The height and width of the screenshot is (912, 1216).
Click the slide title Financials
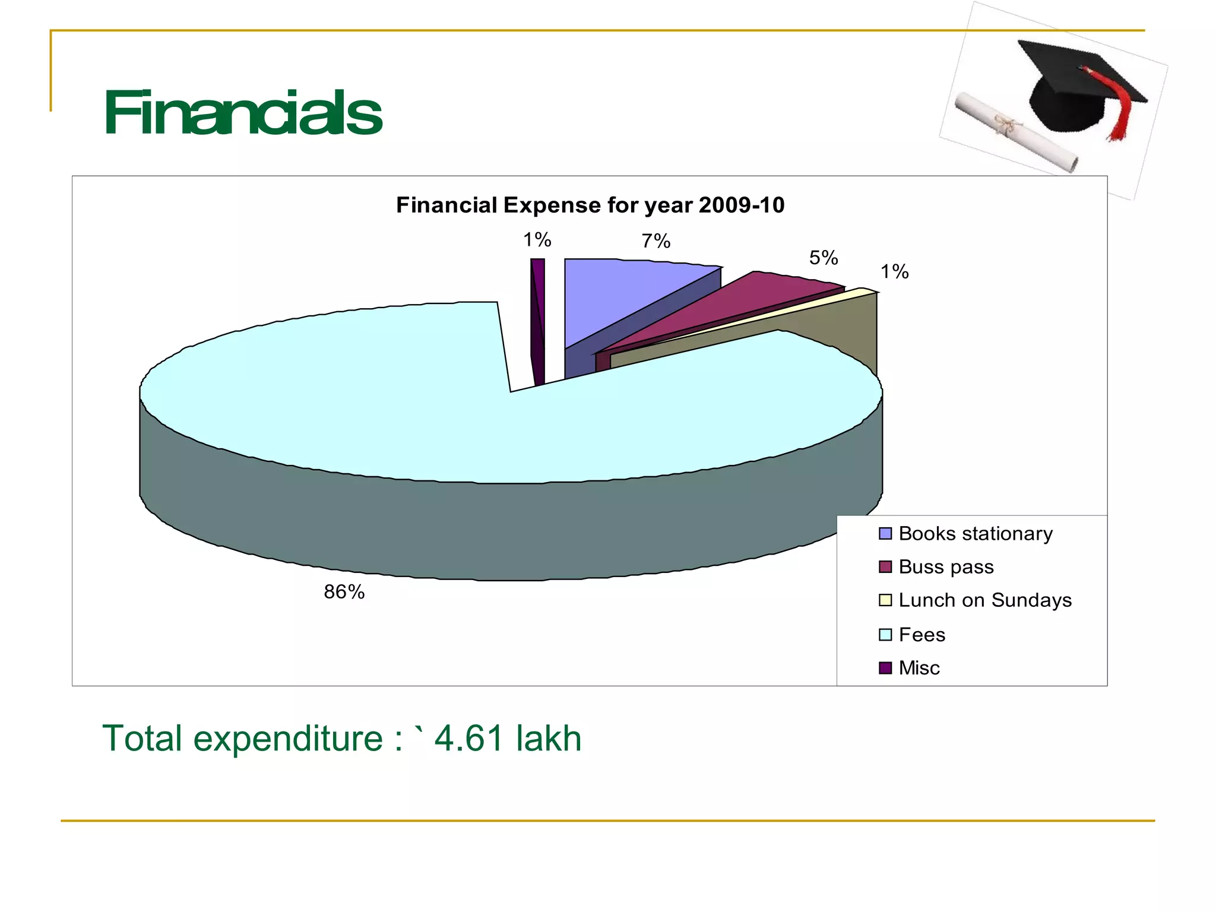click(242, 113)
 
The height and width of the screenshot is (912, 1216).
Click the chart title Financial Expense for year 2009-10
click(590, 205)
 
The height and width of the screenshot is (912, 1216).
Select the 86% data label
click(344, 592)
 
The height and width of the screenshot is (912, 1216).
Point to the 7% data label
click(655, 241)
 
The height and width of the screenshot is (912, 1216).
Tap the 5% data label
click(824, 258)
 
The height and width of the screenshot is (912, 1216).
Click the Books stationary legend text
click(976, 534)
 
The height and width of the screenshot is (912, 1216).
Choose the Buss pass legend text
click(946, 567)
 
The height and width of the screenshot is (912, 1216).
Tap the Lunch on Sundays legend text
click(985, 600)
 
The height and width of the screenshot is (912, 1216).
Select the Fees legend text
click(921, 635)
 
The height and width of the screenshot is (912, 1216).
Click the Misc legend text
click(919, 668)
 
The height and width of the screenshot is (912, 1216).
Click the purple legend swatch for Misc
click(885, 668)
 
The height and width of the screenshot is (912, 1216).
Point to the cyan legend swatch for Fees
click(885, 635)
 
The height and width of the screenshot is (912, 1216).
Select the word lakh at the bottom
click(549, 739)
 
